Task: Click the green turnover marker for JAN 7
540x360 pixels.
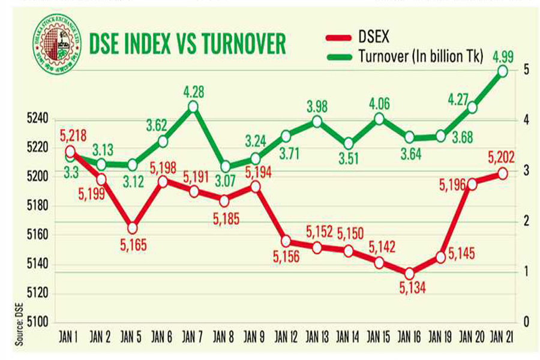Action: (x=193, y=106)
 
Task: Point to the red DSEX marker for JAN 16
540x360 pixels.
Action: (x=409, y=273)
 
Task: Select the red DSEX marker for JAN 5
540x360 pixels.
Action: (x=132, y=228)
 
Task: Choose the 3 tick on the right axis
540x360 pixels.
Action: (x=526, y=172)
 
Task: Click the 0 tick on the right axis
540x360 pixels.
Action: (x=526, y=323)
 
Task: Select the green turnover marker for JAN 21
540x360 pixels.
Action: (x=503, y=71)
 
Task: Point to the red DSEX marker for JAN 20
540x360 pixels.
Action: (x=472, y=184)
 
